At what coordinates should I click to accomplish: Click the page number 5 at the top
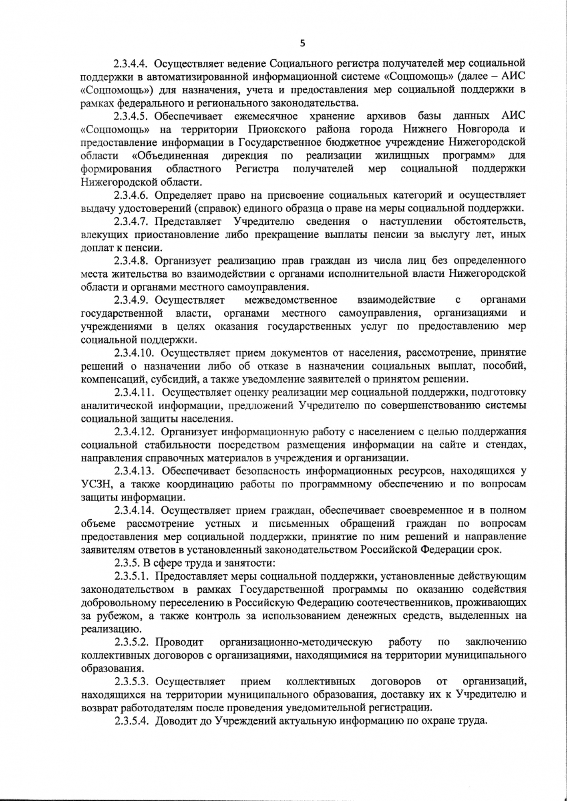click(302, 43)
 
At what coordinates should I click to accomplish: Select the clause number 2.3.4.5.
click(131, 116)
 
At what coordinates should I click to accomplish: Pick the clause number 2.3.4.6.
click(131, 195)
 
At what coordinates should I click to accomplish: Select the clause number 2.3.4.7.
click(131, 221)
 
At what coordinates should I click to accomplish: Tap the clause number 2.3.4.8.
click(131, 261)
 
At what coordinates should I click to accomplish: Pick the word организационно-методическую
click(296, 642)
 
